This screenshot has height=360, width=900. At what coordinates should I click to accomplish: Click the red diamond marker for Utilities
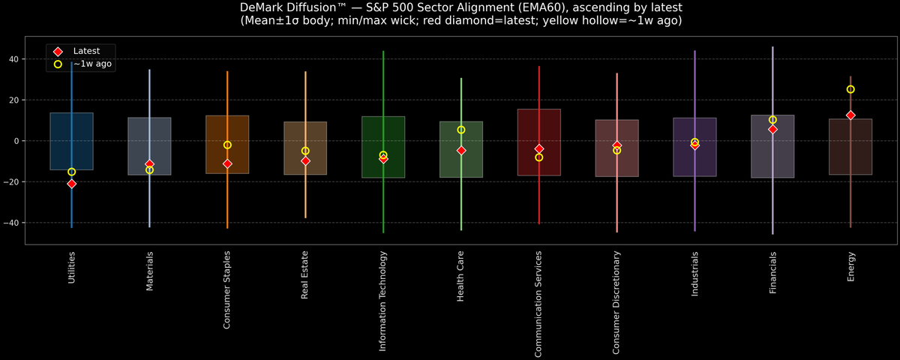71,184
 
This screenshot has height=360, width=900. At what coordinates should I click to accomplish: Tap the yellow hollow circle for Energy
850,89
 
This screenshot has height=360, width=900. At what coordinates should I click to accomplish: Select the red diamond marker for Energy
850,115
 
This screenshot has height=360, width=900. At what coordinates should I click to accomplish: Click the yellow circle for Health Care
461,130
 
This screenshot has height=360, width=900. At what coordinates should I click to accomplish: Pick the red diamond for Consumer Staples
227,163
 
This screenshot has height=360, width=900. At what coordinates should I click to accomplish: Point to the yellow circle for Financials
772,120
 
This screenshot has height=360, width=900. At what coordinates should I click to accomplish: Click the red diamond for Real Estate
305,160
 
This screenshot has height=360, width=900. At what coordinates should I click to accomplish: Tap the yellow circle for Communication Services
539,157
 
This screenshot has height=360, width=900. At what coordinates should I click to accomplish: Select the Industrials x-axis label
694,274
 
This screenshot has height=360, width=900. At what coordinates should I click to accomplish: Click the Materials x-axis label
149,271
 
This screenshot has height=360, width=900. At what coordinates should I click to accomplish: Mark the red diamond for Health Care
461,151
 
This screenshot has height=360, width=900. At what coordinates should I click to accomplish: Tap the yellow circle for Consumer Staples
227,145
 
